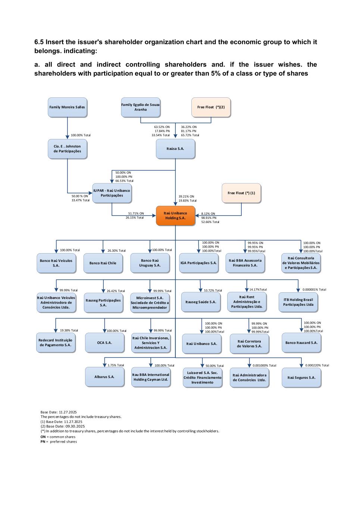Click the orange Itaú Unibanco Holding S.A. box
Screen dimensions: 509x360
tap(175, 216)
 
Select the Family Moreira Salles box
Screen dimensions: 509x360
tap(67, 107)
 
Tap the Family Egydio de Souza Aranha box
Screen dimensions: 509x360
tap(140, 107)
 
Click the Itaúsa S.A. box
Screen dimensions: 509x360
tap(175, 148)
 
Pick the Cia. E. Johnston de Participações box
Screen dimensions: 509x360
tap(67, 149)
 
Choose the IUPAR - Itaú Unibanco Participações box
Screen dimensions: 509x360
tap(112, 193)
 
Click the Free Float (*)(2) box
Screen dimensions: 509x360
tap(211, 107)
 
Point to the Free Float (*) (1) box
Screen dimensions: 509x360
tap(241, 193)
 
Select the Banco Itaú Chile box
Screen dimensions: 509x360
tap(103, 263)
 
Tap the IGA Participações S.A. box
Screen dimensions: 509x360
tap(198, 263)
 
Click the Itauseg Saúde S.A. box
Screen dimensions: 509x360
tap(201, 302)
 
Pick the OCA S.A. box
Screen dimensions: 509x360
tap(104, 342)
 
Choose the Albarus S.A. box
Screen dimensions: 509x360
tap(104, 377)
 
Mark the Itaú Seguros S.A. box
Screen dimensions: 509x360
tap(301, 377)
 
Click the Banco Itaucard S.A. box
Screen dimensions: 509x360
tap(301, 342)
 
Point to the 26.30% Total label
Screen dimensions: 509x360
tap(116, 251)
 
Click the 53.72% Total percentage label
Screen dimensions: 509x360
tap(213, 290)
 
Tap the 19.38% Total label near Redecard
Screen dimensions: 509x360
tap(69, 330)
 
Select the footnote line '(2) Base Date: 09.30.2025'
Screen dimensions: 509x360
tap(63, 426)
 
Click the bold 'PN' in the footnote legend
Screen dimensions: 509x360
tap(43, 442)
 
